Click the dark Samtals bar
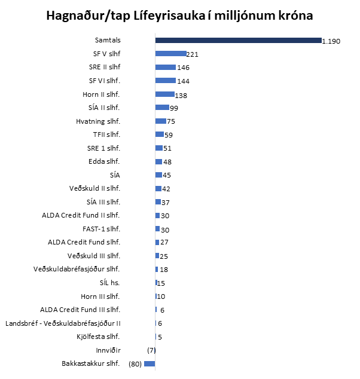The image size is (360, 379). [238, 40]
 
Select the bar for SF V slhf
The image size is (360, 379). [170, 54]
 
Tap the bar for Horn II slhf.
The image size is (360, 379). [164, 94]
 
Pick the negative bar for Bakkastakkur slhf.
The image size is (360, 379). [150, 363]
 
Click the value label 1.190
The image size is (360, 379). [331, 41]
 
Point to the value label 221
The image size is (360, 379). [194, 54]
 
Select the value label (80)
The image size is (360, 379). [135, 363]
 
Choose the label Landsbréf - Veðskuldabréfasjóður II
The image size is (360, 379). [63, 323]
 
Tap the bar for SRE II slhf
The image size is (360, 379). [165, 67]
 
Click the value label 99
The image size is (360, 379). [174, 108]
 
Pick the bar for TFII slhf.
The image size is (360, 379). [159, 135]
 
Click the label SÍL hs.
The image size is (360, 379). [109, 283]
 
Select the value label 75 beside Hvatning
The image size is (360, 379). [170, 121]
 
